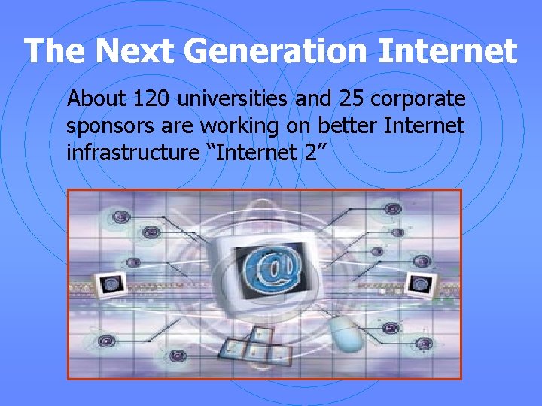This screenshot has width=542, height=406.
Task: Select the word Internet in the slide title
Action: tap(449, 52)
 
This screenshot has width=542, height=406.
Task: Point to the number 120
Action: tap(147, 99)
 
